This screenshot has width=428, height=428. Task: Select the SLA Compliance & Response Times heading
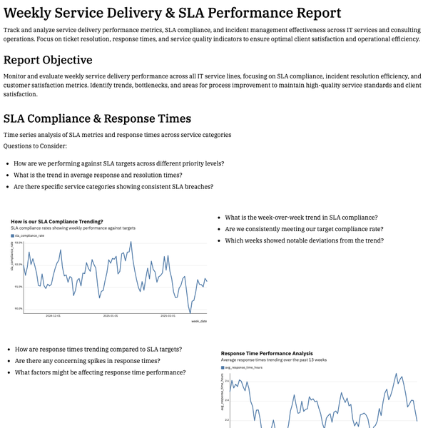click(97, 118)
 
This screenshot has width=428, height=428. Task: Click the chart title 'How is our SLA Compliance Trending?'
click(57, 221)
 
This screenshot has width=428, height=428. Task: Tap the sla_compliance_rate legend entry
click(36, 235)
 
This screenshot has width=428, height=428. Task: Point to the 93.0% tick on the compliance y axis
click(19, 243)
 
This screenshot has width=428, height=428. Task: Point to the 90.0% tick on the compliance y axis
click(19, 308)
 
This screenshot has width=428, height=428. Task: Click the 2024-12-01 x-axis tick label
click(53, 315)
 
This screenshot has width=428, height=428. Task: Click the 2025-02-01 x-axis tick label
click(167, 315)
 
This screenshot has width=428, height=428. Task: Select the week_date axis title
click(199, 321)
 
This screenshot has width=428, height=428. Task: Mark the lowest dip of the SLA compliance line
click(190, 312)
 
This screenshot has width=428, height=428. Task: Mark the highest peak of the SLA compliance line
click(131, 242)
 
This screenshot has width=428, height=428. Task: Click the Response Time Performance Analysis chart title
click(267, 353)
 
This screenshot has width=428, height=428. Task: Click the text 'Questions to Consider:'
click(35, 146)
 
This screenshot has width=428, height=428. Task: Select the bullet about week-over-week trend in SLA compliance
click(301, 218)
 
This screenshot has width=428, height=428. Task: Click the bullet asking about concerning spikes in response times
click(95, 361)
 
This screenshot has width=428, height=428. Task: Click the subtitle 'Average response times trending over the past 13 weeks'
click(274, 360)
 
